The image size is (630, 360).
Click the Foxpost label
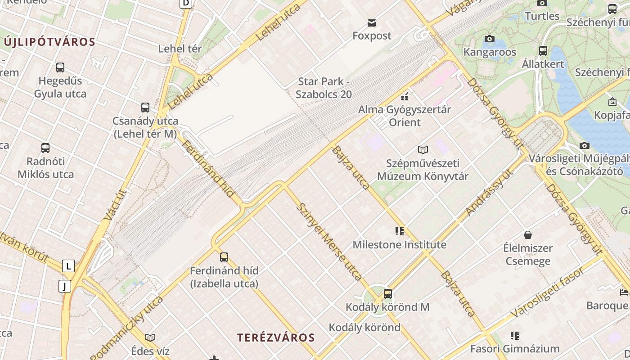(372, 36)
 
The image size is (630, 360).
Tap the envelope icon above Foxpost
(372, 23)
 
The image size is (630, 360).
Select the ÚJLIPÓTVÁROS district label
(49, 42)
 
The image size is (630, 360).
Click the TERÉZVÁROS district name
(276, 337)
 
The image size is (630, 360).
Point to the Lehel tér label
(180, 49)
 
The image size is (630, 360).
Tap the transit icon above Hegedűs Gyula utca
(60, 67)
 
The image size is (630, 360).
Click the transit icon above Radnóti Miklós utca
(45, 148)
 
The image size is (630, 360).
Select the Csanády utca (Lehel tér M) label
(145, 127)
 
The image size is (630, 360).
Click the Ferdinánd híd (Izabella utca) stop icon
(224, 257)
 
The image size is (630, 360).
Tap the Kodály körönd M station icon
(388, 294)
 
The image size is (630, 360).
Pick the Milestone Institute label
(400, 245)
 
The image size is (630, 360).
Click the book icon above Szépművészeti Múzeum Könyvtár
(423, 150)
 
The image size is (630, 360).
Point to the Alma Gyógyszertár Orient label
(405, 116)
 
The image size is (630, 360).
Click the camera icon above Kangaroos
(490, 39)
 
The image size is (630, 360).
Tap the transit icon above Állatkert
(543, 50)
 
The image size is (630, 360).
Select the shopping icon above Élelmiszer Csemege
(528, 235)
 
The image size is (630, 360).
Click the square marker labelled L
(68, 266)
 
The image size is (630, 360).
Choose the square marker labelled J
(65, 286)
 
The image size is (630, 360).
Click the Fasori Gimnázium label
(515, 349)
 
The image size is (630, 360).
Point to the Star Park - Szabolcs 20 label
(324, 88)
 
